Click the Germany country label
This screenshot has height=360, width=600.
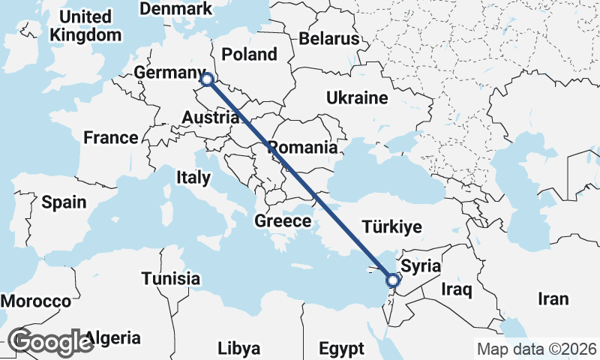(x=169, y=72)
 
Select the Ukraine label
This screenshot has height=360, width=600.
(x=357, y=97)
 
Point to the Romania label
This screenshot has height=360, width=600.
(x=303, y=147)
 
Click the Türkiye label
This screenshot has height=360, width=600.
(x=391, y=227)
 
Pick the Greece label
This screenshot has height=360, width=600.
(x=283, y=221)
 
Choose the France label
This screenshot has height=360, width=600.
(x=111, y=138)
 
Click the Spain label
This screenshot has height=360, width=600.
(x=64, y=202)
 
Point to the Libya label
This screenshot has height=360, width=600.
(x=239, y=349)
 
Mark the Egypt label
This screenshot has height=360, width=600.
(x=341, y=349)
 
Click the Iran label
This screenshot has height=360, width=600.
(x=553, y=299)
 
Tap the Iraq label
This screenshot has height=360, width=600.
(x=455, y=289)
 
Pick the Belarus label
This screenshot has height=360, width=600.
(x=328, y=39)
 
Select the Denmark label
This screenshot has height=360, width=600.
(x=176, y=9)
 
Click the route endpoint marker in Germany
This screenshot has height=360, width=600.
(x=207, y=79)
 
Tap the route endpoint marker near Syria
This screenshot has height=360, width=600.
(x=392, y=280)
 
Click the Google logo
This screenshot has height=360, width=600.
(x=51, y=341)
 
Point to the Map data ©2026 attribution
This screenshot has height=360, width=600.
(x=536, y=349)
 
